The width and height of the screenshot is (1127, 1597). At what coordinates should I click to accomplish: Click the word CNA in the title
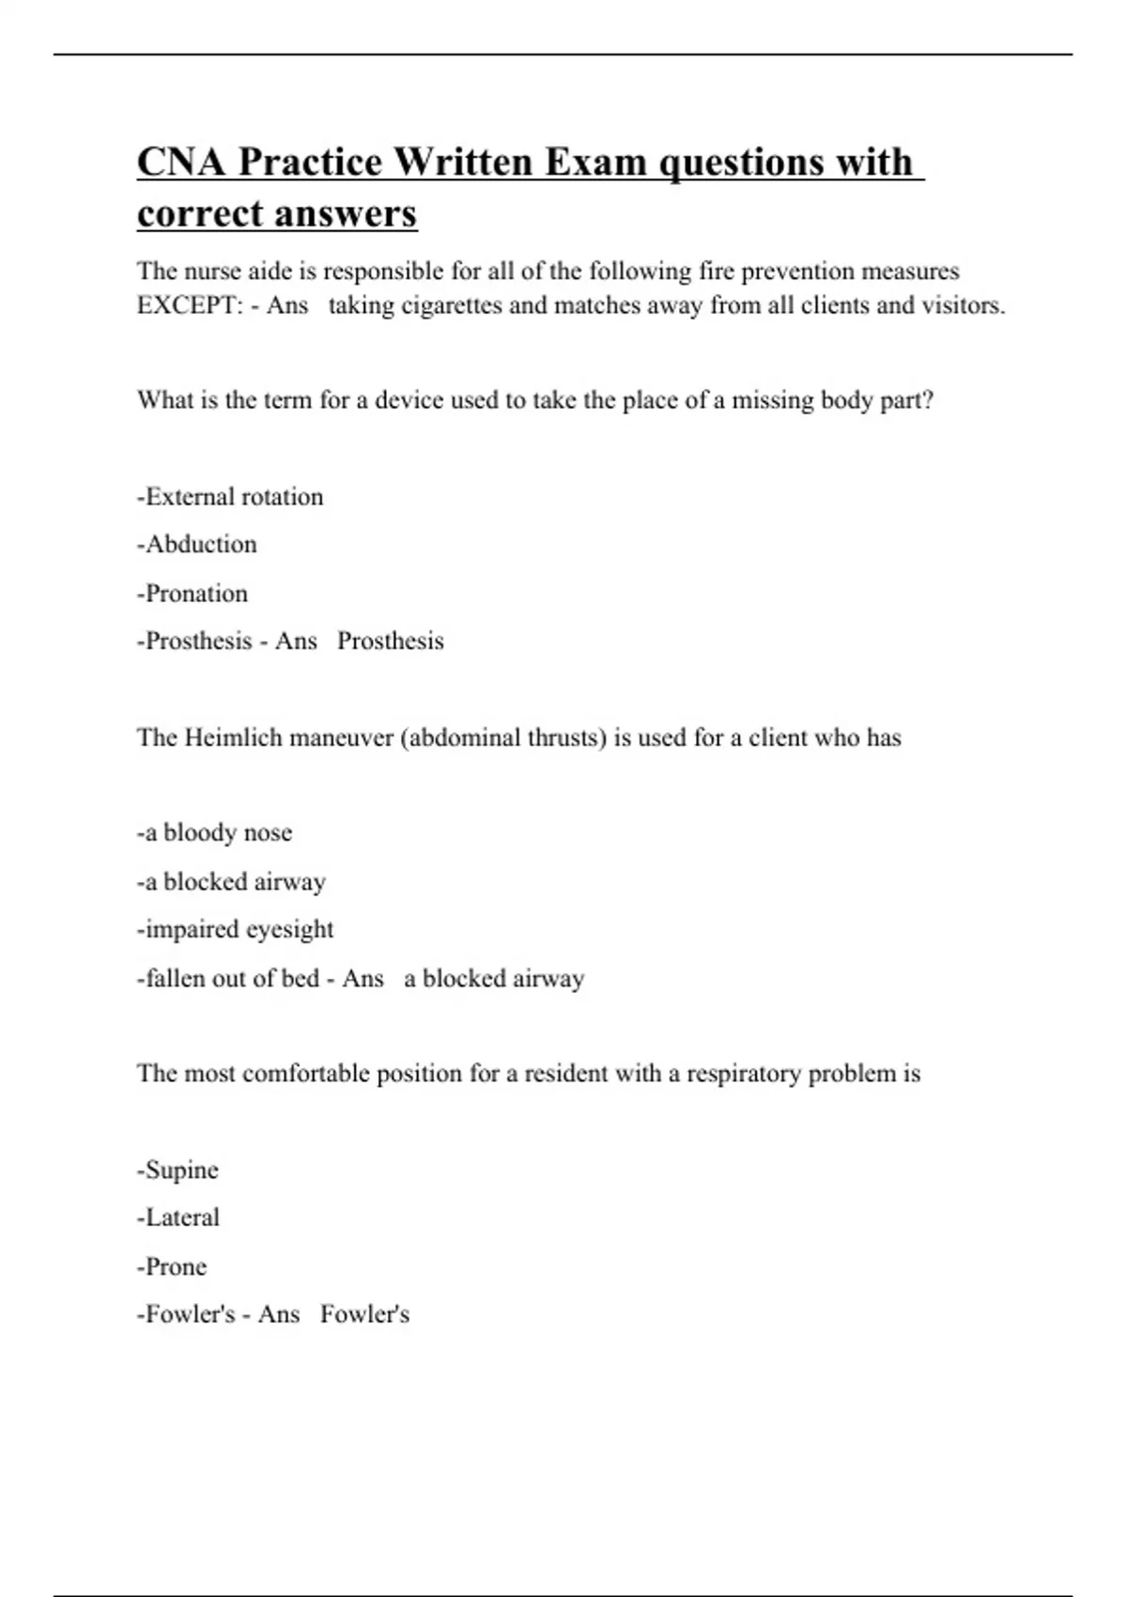(x=181, y=162)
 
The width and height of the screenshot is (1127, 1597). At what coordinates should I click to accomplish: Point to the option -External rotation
(x=230, y=497)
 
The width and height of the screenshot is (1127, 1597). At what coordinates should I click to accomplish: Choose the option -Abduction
(x=196, y=545)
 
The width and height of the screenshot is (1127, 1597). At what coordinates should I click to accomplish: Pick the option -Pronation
(x=193, y=594)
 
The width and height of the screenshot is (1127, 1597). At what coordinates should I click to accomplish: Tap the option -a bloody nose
(x=214, y=833)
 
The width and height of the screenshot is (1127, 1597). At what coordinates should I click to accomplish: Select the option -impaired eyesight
(x=235, y=930)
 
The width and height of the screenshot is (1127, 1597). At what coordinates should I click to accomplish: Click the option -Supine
(x=178, y=1171)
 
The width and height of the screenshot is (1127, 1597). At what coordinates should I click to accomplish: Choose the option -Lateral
(x=178, y=1218)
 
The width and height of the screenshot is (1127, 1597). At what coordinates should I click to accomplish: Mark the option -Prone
(x=172, y=1267)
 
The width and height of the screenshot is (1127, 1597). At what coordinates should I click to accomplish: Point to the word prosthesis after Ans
(x=390, y=642)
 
